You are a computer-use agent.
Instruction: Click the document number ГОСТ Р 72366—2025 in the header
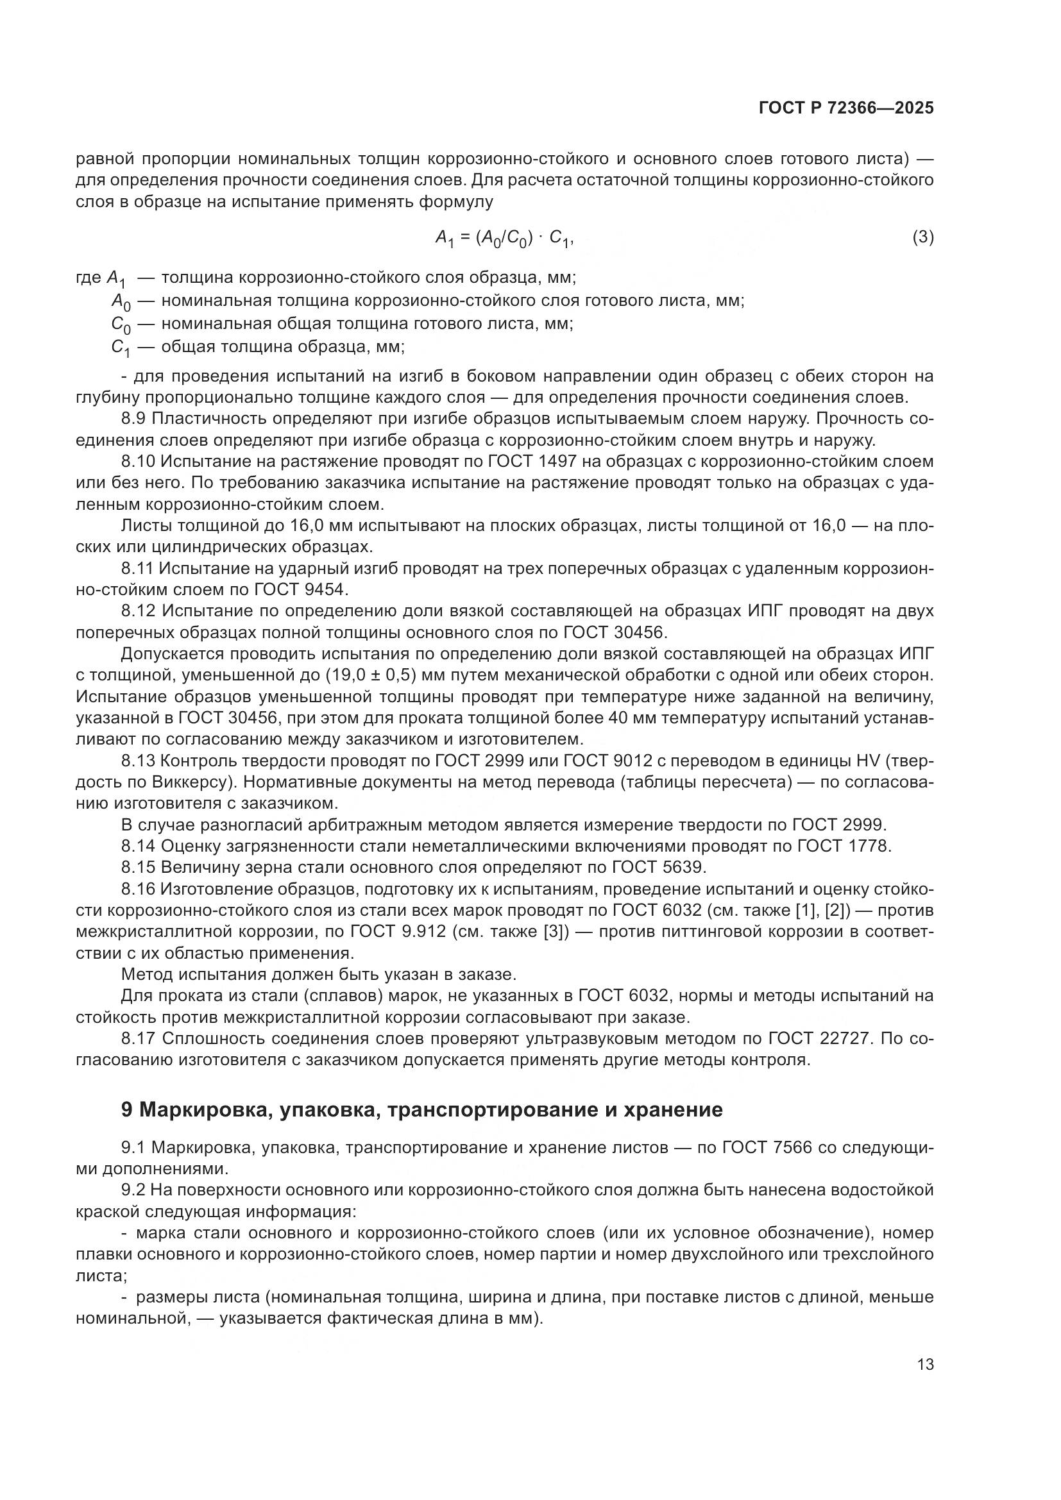[846, 108]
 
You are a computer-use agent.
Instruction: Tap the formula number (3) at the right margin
[922, 237]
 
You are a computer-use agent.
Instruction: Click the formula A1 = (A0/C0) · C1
[504, 239]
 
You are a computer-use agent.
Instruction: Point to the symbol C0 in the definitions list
[121, 324]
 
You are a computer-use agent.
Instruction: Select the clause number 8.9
[138, 419]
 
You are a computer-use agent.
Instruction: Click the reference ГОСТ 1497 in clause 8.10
[532, 461]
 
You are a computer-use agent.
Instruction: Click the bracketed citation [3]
[555, 932]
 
